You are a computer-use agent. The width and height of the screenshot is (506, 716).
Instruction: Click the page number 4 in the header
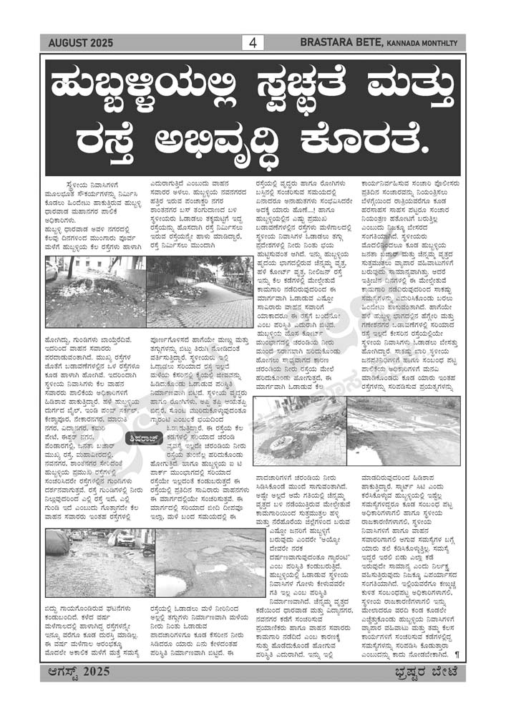(253, 43)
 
